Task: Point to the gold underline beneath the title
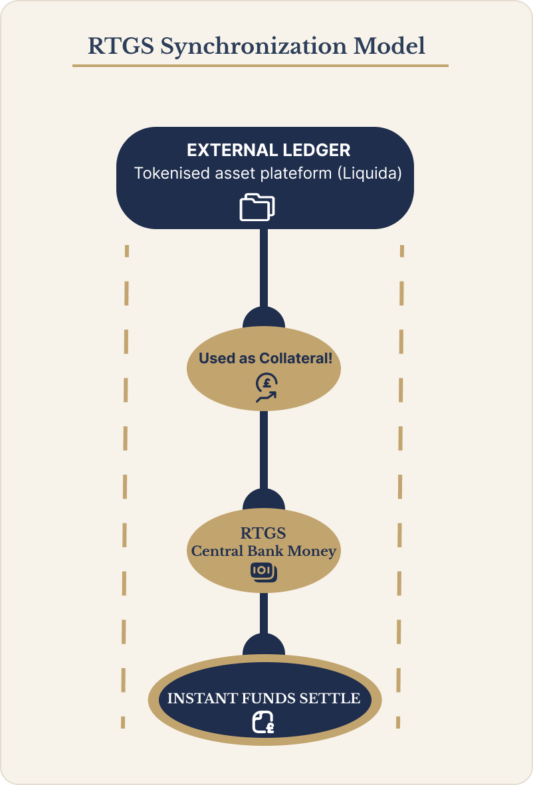tap(260, 66)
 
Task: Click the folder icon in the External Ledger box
tap(257, 207)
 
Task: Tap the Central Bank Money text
tap(264, 551)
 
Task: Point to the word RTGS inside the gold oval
tap(264, 533)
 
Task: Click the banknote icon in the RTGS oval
tap(264, 571)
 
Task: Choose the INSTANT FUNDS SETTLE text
tap(264, 699)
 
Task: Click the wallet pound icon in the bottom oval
tap(264, 723)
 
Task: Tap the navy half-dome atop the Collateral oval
tap(264, 319)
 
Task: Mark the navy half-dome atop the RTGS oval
tap(264, 499)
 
